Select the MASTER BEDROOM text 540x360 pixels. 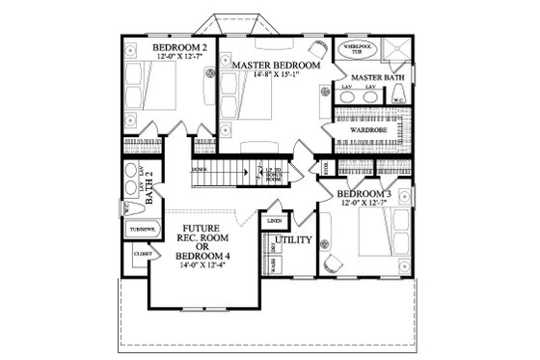click(x=272, y=64)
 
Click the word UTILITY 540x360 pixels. click(x=293, y=239)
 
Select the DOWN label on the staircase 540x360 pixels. click(x=200, y=169)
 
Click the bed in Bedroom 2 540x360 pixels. click(x=152, y=92)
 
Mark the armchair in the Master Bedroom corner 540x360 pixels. click(x=316, y=47)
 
